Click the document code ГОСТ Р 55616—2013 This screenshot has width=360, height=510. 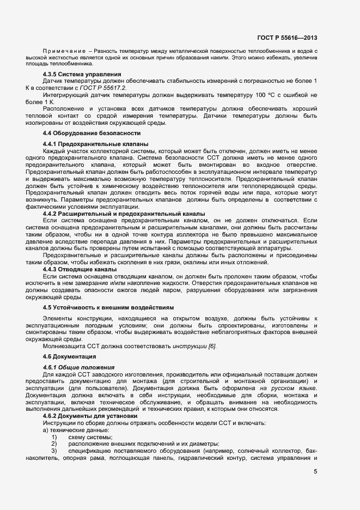pos(288,38)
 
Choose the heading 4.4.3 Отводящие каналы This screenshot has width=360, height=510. pos(80,270)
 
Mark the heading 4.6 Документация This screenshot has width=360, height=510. pos(70,356)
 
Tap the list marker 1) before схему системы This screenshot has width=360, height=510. pos(54,438)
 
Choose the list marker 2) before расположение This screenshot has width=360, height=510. pos(54,445)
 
